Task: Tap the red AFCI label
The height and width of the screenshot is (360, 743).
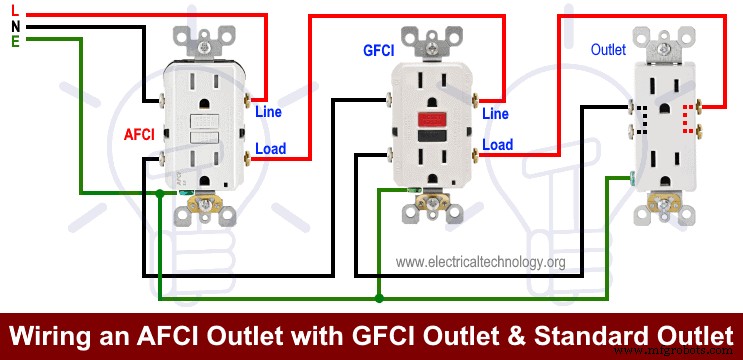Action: pyautogui.click(x=138, y=133)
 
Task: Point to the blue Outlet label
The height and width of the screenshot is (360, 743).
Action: pyautogui.click(x=609, y=48)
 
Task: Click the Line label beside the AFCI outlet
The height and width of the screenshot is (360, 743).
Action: pyautogui.click(x=269, y=112)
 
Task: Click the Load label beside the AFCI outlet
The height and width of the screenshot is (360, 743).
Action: pyautogui.click(x=270, y=149)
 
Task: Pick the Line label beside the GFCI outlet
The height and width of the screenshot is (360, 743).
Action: pyautogui.click(x=496, y=114)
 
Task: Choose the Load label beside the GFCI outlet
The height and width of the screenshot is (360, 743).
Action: pyautogui.click(x=497, y=145)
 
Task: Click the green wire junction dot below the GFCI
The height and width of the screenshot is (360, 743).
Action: pyautogui.click(x=377, y=297)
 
